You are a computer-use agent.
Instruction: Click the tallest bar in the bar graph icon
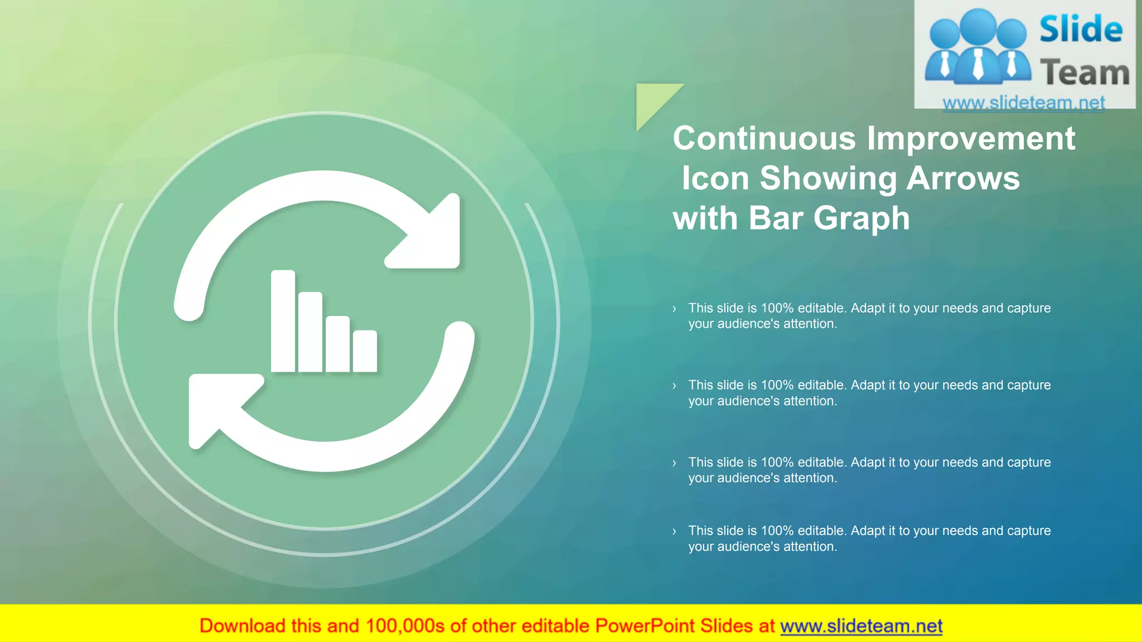[x=283, y=321]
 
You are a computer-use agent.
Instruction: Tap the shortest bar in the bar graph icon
[x=365, y=351]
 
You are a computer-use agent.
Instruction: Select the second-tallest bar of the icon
[x=310, y=332]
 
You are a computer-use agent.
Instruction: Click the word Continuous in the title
[x=764, y=138]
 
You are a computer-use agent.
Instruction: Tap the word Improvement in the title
[x=971, y=138]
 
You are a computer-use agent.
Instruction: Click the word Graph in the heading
[x=861, y=218]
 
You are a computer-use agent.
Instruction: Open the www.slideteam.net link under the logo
[x=1023, y=103]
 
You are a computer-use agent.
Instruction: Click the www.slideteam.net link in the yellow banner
[x=861, y=626]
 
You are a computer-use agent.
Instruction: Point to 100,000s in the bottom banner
[x=405, y=626]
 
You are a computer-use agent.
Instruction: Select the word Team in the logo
[x=1084, y=72]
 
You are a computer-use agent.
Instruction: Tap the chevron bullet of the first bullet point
[x=674, y=309]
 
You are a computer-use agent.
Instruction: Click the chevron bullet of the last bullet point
[x=674, y=531]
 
